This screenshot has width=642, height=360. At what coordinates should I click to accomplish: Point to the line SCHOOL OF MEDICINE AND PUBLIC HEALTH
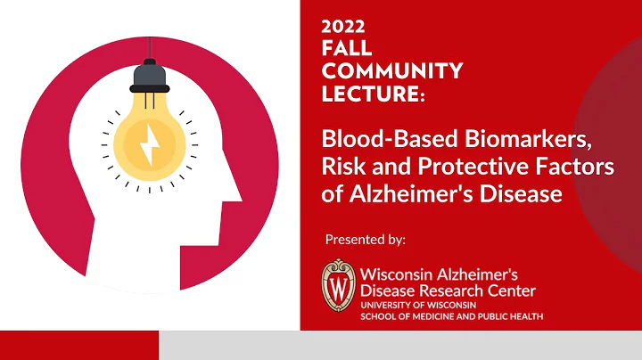(451, 316)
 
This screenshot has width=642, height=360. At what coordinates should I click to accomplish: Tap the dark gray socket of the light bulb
(149, 78)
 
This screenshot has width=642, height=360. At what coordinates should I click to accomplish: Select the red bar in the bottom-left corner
(78, 345)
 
